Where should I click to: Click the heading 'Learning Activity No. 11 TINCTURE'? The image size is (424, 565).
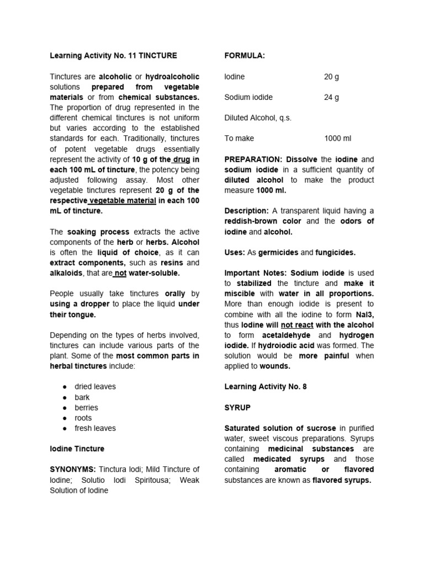pyautogui.click(x=114, y=56)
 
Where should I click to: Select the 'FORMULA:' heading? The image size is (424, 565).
pyautogui.click(x=245, y=56)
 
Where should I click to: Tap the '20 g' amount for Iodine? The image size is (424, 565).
pyautogui.click(x=331, y=77)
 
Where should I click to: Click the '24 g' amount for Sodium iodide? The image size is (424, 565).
pyautogui.click(x=331, y=97)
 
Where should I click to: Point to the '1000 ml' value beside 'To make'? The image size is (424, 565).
pyautogui.click(x=337, y=138)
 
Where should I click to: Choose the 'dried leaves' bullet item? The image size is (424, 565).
pyautogui.click(x=95, y=387)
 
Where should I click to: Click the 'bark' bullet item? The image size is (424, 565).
pyautogui.click(x=82, y=397)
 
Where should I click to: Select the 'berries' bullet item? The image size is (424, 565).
pyautogui.click(x=86, y=408)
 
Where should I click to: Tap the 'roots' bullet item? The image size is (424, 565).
pyautogui.click(x=83, y=418)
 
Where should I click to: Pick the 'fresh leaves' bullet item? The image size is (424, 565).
pyautogui.click(x=95, y=428)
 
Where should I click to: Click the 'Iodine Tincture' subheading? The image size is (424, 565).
pyautogui.click(x=77, y=449)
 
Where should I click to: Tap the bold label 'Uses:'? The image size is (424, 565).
pyautogui.click(x=234, y=252)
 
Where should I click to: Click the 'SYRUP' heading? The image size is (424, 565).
pyautogui.click(x=237, y=407)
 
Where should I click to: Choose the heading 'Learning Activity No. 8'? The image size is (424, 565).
pyautogui.click(x=266, y=387)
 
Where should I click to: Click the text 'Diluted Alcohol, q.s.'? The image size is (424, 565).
pyautogui.click(x=258, y=118)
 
